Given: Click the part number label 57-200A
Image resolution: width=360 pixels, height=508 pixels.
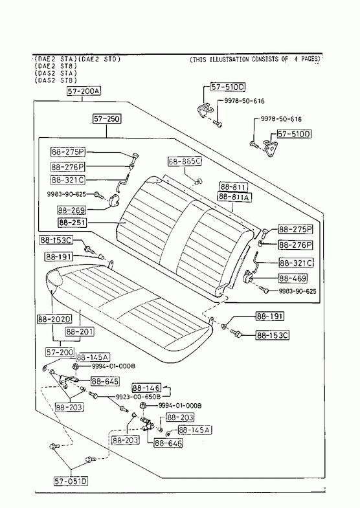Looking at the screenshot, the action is [84, 91].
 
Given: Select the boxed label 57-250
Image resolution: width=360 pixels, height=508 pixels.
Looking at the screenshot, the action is [107, 119].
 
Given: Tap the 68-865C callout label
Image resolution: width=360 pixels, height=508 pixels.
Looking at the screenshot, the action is [185, 161].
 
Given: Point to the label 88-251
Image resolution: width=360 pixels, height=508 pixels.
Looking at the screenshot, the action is [73, 222].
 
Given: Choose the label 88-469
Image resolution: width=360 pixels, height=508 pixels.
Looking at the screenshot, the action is [293, 278].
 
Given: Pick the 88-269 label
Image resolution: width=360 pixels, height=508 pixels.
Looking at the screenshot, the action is [72, 210].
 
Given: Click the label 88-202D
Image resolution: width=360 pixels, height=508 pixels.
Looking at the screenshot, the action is [54, 319].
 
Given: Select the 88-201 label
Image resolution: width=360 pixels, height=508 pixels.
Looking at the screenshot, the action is [80, 331].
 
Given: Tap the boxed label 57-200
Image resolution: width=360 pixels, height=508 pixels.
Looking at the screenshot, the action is [60, 352].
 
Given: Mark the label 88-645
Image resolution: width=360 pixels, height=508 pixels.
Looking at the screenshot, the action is [105, 381].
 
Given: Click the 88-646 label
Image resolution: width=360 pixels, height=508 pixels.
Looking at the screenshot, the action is [168, 443].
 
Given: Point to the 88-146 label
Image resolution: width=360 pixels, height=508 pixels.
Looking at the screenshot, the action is [146, 388].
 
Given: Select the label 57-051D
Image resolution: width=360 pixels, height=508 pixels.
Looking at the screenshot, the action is [71, 481].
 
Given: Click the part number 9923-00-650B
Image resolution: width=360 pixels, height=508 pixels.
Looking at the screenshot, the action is [139, 397].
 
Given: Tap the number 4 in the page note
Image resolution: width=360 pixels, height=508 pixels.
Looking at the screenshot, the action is [296, 59].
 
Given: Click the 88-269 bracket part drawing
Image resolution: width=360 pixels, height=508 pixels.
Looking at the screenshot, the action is [114, 200].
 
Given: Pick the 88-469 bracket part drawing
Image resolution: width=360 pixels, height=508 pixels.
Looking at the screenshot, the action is [249, 276].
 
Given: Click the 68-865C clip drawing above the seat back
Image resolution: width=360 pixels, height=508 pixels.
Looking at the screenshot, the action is [198, 180].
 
